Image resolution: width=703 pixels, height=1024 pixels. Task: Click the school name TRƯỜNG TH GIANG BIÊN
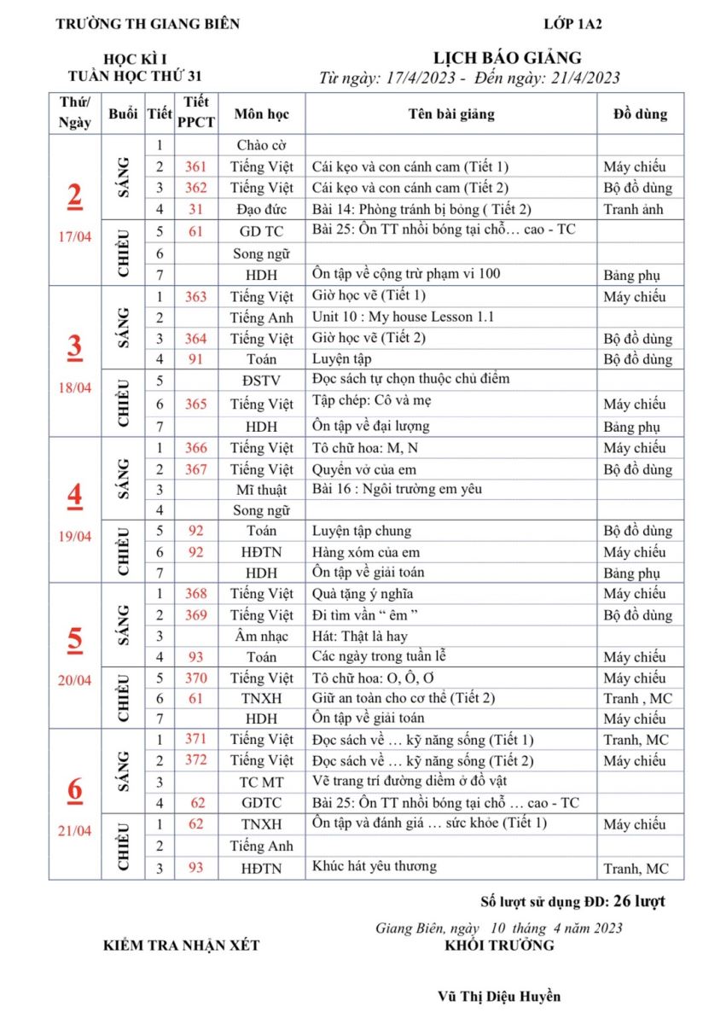pyautogui.click(x=148, y=24)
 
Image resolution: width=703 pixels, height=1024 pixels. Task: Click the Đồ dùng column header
pyautogui.click(x=640, y=113)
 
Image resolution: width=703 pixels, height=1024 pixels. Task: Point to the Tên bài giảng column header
pyautogui.click(x=450, y=113)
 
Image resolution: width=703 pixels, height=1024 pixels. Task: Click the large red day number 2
pyautogui.click(x=75, y=196)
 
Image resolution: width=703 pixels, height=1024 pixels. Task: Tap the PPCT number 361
pyautogui.click(x=196, y=166)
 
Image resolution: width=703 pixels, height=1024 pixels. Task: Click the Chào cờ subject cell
pyautogui.click(x=262, y=145)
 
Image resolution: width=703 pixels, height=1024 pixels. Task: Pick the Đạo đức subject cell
pyautogui.click(x=262, y=209)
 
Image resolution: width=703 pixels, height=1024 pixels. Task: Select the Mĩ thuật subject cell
pyautogui.click(x=262, y=489)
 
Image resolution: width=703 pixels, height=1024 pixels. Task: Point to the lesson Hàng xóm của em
pyautogui.click(x=366, y=552)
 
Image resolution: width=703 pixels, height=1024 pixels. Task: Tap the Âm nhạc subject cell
pyautogui.click(x=262, y=636)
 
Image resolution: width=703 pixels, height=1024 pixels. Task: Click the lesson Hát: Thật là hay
pyautogui.click(x=359, y=636)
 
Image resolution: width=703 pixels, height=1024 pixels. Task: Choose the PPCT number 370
pyautogui.click(x=196, y=678)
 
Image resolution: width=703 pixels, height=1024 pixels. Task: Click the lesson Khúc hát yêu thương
pyautogui.click(x=375, y=866)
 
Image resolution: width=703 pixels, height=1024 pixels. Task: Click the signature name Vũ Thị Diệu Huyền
pyautogui.click(x=499, y=996)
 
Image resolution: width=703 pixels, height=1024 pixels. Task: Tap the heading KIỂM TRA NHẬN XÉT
pyautogui.click(x=181, y=945)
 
